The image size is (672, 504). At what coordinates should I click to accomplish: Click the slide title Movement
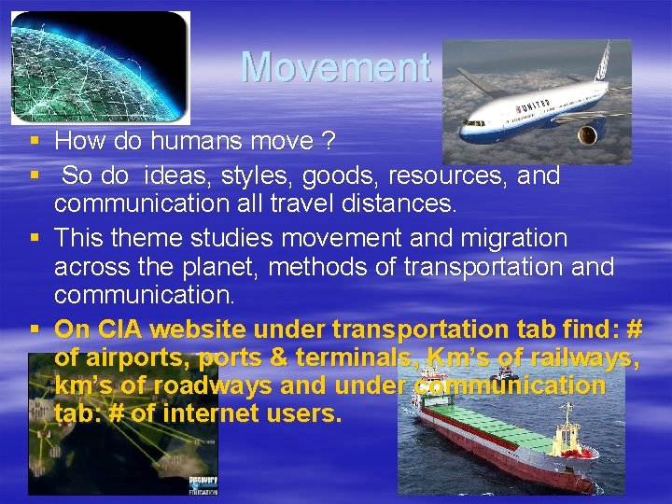(335, 67)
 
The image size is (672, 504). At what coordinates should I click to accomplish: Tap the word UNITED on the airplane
(536, 106)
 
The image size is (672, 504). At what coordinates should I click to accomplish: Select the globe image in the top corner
(100, 67)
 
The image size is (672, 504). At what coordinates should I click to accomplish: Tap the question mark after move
(329, 142)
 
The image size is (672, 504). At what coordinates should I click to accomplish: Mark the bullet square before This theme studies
(34, 239)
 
